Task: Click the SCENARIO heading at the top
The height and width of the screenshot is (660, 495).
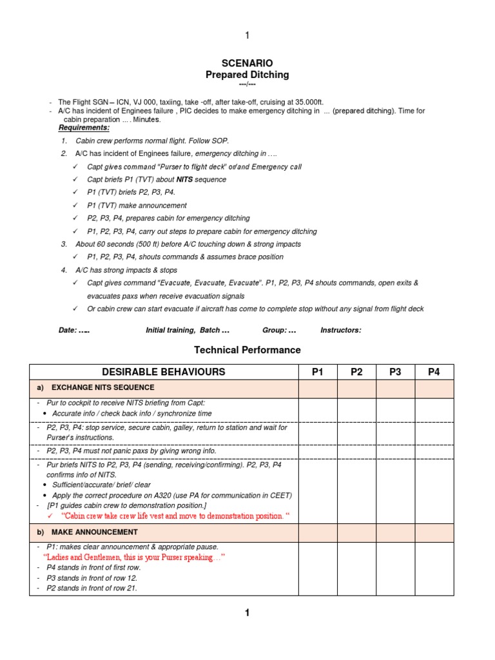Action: [x=247, y=63]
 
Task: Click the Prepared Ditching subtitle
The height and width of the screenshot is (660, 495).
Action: [x=247, y=75]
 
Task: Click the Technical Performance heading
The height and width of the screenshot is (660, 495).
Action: [x=247, y=350]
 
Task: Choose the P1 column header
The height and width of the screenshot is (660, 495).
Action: [x=317, y=372]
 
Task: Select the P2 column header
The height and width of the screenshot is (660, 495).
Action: [x=356, y=372]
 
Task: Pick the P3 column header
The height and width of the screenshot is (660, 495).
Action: [x=395, y=372]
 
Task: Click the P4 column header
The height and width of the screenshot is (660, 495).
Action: [x=434, y=372]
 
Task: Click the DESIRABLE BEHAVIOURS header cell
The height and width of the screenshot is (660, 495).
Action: [x=164, y=372]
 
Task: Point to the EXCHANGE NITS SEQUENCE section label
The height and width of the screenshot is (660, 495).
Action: [x=102, y=388]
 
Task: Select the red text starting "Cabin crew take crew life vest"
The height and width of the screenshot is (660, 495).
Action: [x=175, y=516]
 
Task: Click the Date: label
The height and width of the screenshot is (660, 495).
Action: [x=68, y=330]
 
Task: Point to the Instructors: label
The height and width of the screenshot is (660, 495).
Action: [x=341, y=330]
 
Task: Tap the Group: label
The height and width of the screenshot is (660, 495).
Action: [x=275, y=330]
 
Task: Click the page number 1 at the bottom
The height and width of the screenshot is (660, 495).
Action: [x=247, y=613]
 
